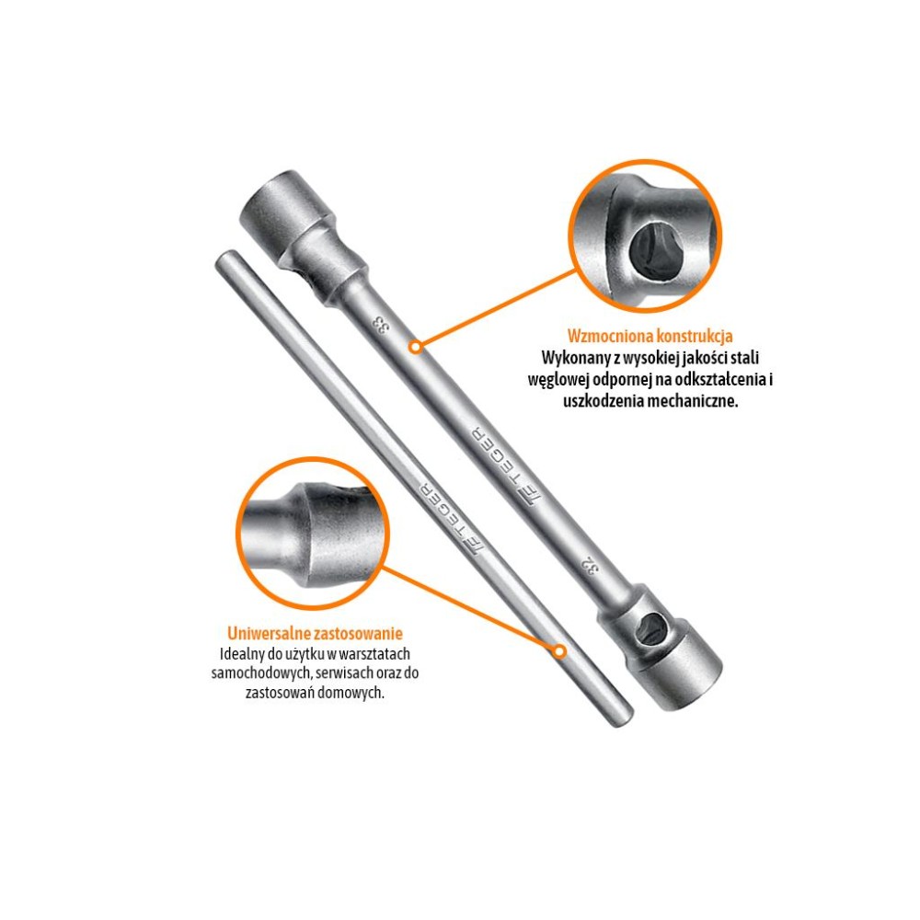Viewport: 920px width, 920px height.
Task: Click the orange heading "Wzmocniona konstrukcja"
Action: (x=650, y=336)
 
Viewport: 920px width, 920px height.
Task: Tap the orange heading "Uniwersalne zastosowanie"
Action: (x=315, y=634)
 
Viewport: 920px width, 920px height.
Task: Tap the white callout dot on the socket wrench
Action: (x=416, y=347)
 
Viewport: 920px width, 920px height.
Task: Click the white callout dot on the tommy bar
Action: (x=559, y=651)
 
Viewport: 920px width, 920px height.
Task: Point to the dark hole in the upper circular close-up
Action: (x=650, y=250)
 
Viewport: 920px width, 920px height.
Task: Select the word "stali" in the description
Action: (x=743, y=357)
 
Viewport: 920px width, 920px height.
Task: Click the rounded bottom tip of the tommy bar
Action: (x=623, y=719)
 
